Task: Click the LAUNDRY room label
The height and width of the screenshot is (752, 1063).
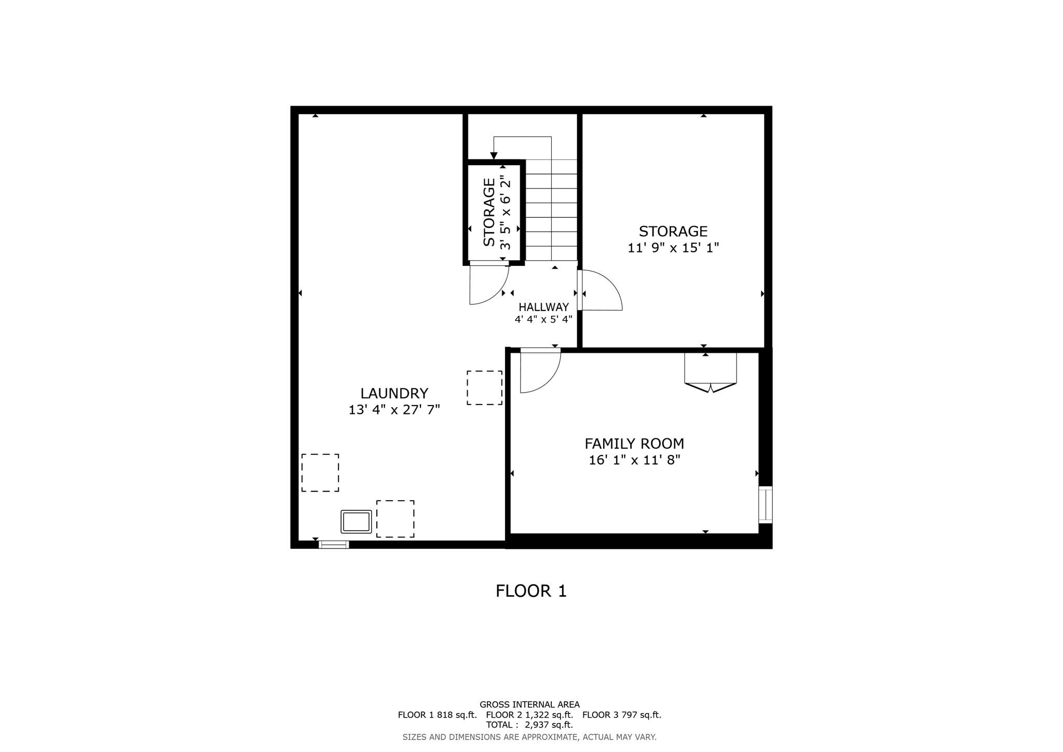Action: tap(394, 393)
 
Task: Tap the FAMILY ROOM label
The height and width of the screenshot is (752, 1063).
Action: tap(634, 444)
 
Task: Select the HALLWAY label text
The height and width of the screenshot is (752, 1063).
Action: tap(543, 307)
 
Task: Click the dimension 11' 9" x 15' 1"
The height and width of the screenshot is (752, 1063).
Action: tap(673, 248)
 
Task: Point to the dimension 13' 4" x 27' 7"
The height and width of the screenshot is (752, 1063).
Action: tap(394, 410)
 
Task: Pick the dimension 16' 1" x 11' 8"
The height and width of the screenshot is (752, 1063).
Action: tap(634, 460)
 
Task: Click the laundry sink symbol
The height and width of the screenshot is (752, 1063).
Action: tap(356, 521)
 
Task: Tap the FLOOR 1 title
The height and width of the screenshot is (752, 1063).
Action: tap(531, 591)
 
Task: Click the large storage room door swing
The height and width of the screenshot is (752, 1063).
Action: tap(601, 291)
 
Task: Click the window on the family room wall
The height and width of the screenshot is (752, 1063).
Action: tap(765, 504)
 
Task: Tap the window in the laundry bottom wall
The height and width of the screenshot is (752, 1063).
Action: tap(333, 544)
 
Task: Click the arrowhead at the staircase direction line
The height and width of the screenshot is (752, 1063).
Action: tap(494, 156)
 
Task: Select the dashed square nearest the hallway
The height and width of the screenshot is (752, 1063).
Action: tap(484, 387)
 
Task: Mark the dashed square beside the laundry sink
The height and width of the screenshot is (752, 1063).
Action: tap(395, 519)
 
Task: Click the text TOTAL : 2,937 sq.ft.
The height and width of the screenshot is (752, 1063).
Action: tap(529, 724)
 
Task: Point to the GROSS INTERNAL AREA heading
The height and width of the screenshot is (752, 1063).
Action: tap(529, 705)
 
